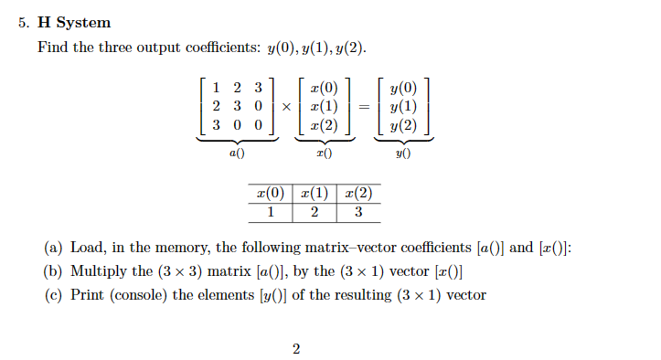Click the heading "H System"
pyautogui.click(x=74, y=22)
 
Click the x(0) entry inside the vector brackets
pyautogui.click(x=324, y=89)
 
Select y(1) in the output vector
pyautogui.click(x=402, y=107)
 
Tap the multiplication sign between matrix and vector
pyautogui.click(x=285, y=107)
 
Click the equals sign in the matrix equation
pyautogui.click(x=363, y=107)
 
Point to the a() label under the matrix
pyautogui.click(x=236, y=154)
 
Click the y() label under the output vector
pyautogui.click(x=402, y=154)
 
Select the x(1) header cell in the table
pyautogui.click(x=314, y=194)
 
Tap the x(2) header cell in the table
pyautogui.click(x=358, y=194)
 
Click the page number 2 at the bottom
pyautogui.click(x=296, y=348)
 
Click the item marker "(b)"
pyautogui.click(x=53, y=271)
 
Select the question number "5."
pyautogui.click(x=25, y=22)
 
